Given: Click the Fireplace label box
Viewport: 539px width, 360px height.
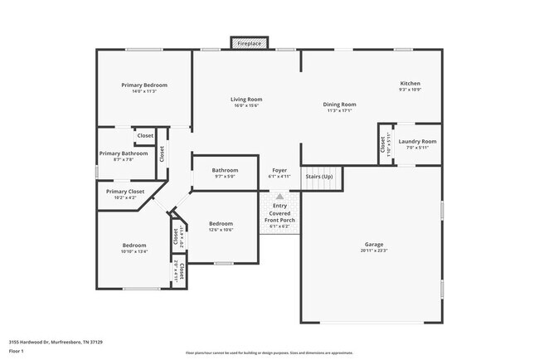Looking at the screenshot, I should pos(248,43).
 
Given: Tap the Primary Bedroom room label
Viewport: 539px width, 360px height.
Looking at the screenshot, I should pos(144,85).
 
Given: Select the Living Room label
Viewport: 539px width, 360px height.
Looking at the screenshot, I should pos(246,100).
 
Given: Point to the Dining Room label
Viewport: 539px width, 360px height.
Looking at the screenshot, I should pos(338,105).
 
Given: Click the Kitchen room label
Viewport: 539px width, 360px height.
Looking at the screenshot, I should pos(410,84).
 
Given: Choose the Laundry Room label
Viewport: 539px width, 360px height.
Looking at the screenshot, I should pos(417,142).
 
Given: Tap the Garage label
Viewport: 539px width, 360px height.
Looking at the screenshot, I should pos(374,245).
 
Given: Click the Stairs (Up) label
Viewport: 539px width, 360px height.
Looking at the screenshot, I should pos(319,177).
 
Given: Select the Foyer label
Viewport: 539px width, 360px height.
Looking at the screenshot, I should pos(279,170).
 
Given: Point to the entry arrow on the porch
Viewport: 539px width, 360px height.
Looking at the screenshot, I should pos(279,197).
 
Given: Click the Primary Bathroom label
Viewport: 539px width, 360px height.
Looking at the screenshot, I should pos(124,153).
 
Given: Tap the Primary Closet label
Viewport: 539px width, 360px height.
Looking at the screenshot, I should pos(125,192).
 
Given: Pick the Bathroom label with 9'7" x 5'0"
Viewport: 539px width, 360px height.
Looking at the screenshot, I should pos(225,170).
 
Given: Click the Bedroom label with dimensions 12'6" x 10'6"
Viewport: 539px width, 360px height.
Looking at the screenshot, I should pos(221,223).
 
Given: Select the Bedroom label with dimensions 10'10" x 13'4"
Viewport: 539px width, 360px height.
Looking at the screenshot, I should pos(134,246).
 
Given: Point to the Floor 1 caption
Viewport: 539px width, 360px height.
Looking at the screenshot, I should pos(17,350).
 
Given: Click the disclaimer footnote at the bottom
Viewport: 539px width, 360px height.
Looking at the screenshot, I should pos(269,353).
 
